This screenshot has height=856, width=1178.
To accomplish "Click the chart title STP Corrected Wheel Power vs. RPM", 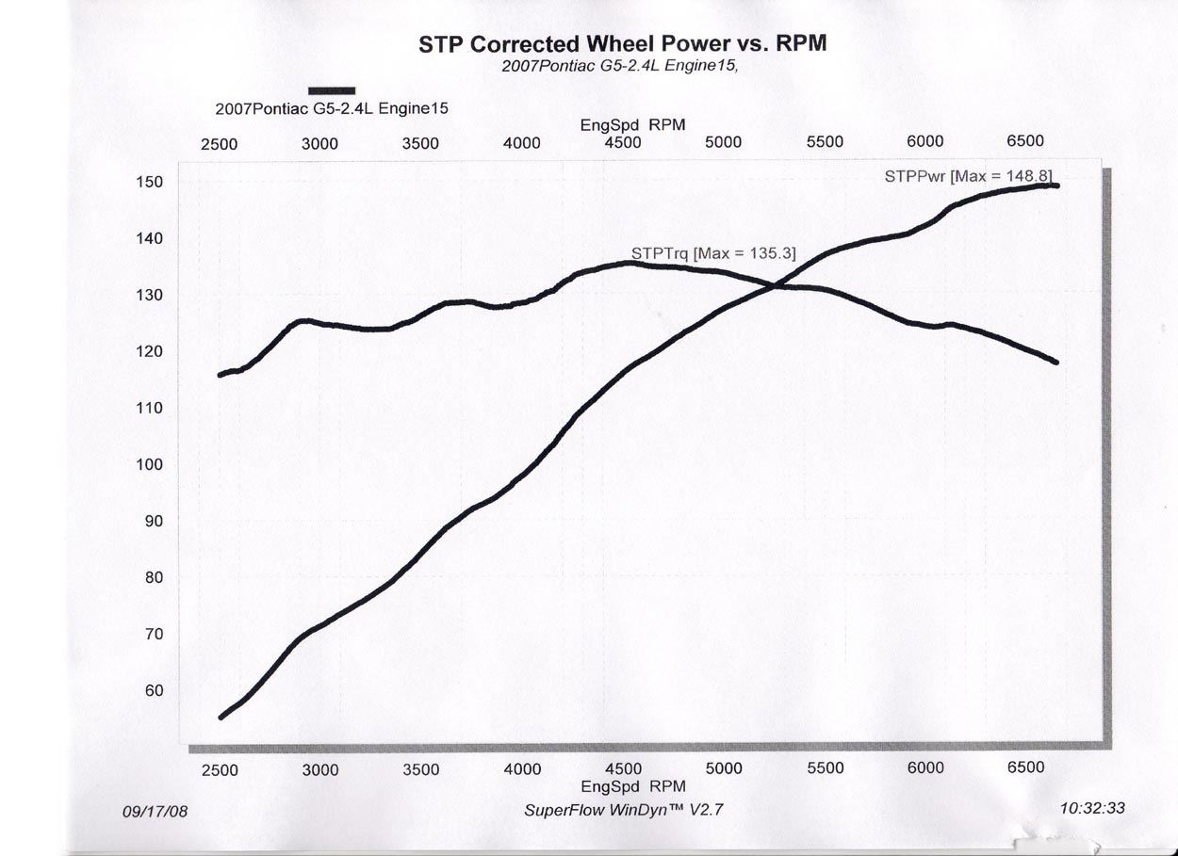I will [622, 44].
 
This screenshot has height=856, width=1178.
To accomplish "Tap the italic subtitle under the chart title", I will [626, 67].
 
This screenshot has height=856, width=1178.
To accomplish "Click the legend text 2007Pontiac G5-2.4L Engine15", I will [332, 108].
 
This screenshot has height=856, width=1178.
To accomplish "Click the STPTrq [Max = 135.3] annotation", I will [713, 252].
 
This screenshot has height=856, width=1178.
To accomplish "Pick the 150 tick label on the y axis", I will [151, 182].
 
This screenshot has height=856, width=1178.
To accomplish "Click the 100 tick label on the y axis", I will [151, 464].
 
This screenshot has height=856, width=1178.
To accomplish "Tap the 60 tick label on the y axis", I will [154, 690].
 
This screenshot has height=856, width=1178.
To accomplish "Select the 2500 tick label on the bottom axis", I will [220, 769].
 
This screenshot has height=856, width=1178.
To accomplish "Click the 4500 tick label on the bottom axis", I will [623, 768].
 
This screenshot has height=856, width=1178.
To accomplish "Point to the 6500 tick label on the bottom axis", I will [1025, 767].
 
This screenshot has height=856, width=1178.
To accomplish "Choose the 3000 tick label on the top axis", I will [319, 143].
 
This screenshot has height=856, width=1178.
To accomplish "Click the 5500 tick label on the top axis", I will [825, 141].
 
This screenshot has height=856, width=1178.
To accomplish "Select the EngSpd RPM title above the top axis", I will [632, 124].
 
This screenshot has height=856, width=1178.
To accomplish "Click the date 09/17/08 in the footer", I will [155, 811].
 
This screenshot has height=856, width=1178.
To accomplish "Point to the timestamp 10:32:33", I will [1091, 808].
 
